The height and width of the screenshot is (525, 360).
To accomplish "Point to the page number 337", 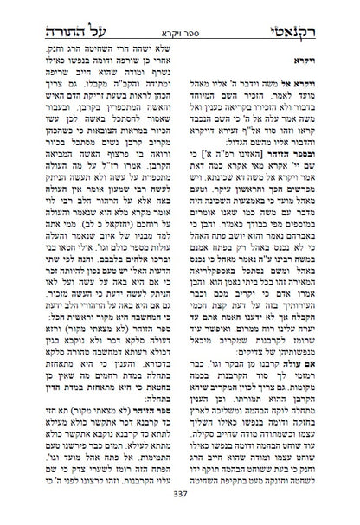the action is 180,509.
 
